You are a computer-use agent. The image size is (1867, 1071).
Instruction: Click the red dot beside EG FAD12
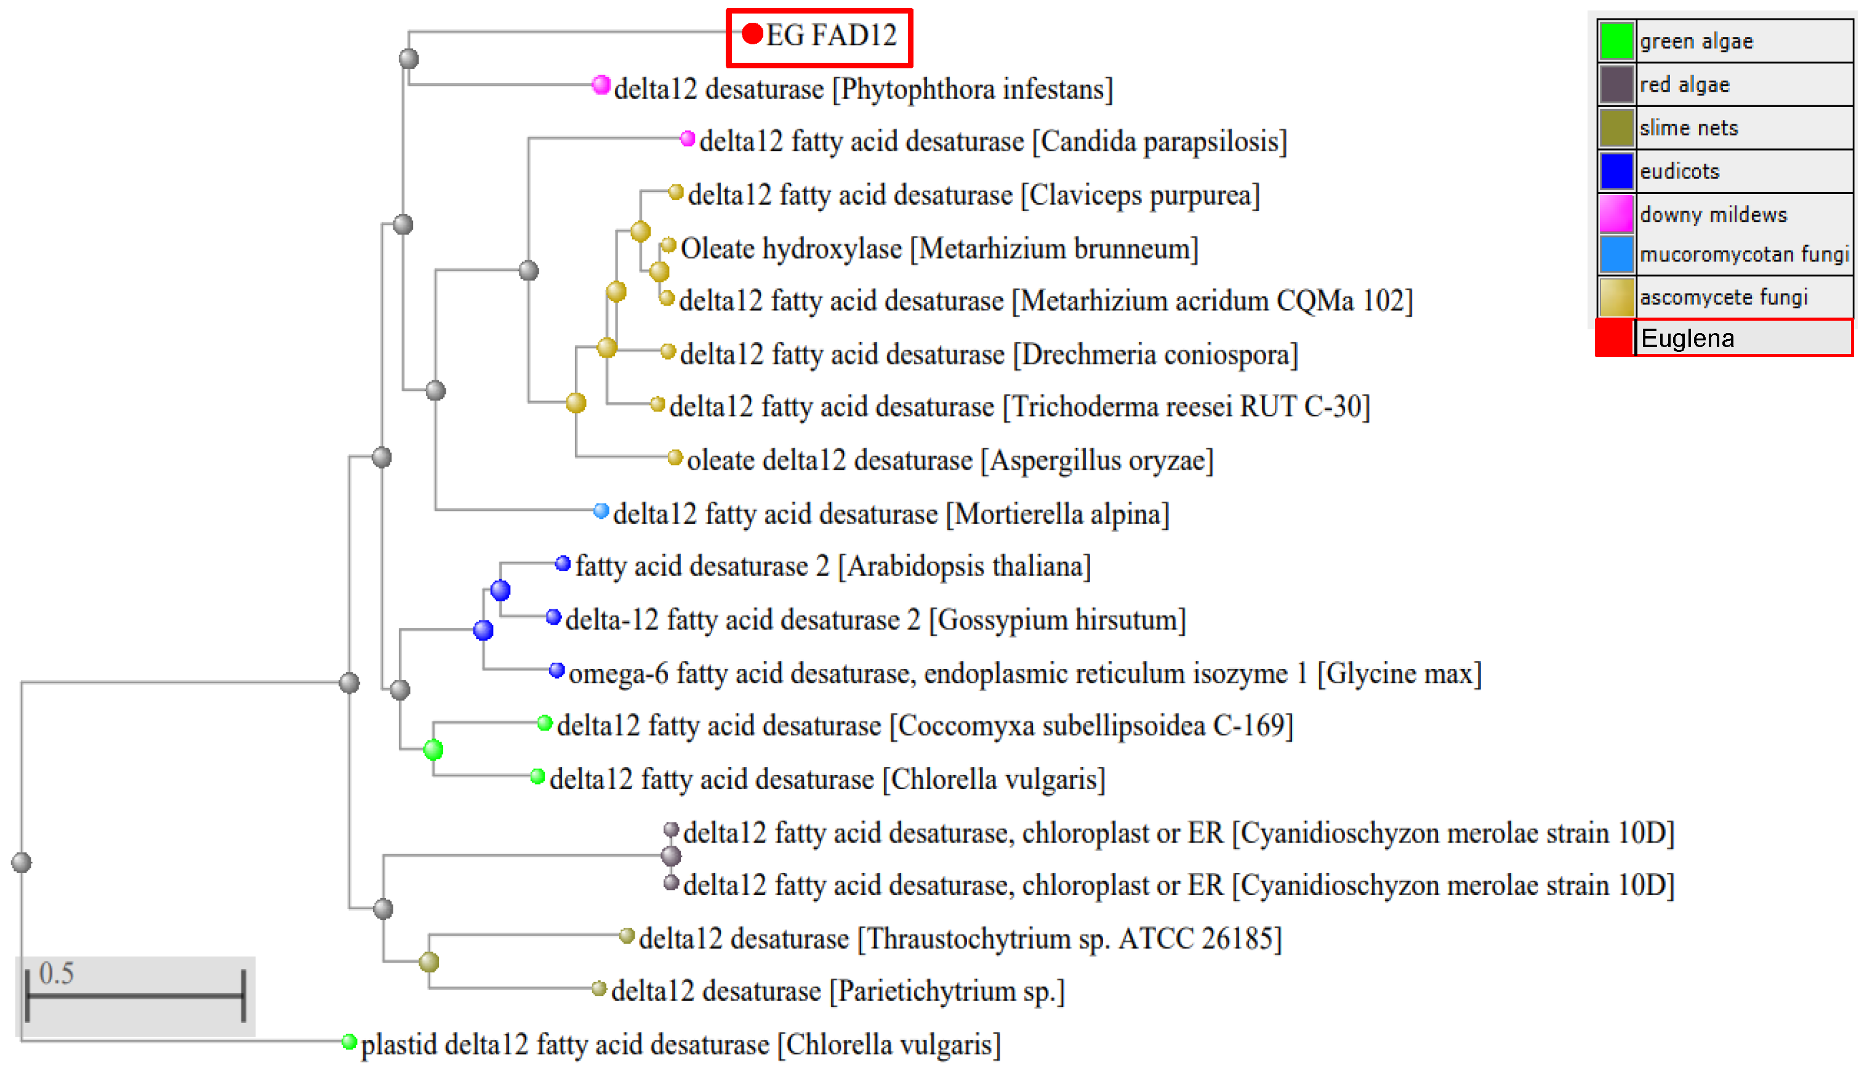(x=752, y=34)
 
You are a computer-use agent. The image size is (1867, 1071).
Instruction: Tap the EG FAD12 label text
(x=831, y=35)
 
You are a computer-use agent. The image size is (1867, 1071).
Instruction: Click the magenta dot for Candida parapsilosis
(x=687, y=138)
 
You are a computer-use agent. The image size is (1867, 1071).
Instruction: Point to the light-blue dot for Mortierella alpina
(x=601, y=510)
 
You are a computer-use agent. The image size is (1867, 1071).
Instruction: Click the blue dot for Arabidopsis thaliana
(x=563, y=563)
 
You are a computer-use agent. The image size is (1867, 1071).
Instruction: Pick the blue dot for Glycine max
(x=557, y=670)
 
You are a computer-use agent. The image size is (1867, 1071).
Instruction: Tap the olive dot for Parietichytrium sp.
(x=599, y=988)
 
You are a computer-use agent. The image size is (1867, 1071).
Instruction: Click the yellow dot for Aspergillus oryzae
(x=675, y=457)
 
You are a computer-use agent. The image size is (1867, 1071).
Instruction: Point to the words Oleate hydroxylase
(x=791, y=249)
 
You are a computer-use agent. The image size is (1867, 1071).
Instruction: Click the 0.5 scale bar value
(x=57, y=973)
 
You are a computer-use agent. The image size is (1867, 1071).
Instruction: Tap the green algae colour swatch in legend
(x=1615, y=41)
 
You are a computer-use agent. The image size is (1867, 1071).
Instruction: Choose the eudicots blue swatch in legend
(x=1615, y=171)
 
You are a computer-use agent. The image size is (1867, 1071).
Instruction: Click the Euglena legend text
(x=1687, y=339)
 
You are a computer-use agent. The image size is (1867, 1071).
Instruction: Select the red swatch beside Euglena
(x=1614, y=339)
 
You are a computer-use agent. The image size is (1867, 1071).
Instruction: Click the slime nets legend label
(x=1688, y=128)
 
